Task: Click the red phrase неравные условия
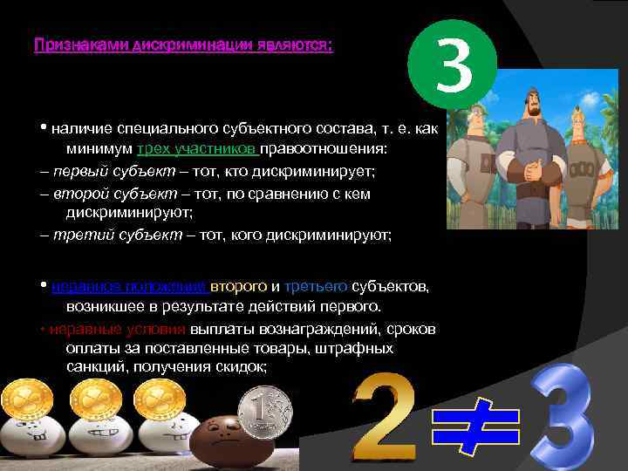(x=118, y=328)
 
